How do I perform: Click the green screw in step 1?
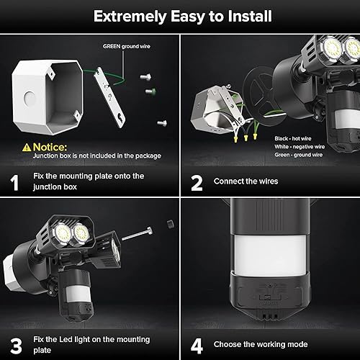click(x=150, y=91)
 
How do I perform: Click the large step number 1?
click(x=14, y=183)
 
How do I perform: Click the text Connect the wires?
click(x=246, y=181)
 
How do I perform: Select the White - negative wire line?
click(x=299, y=145)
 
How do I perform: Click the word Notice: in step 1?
click(x=49, y=146)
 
